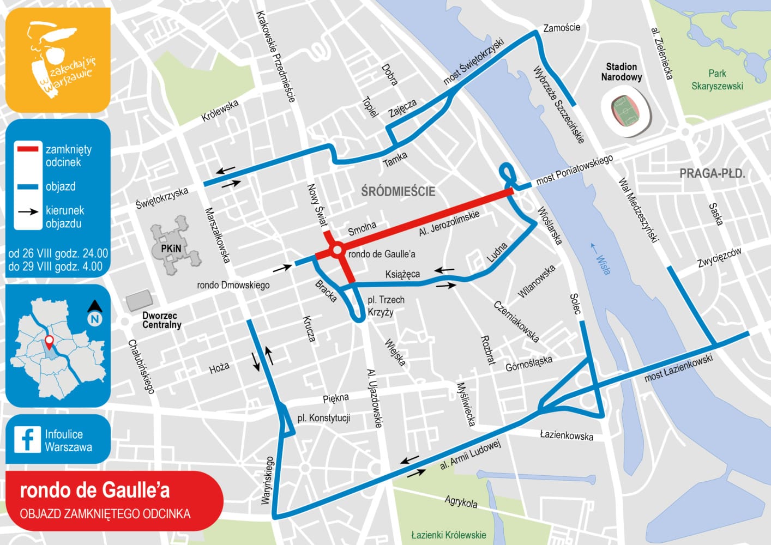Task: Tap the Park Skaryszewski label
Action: tap(717, 80)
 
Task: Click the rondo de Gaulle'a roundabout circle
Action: tap(337, 251)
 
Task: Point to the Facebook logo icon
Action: tap(27, 439)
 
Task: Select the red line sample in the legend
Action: tap(27, 148)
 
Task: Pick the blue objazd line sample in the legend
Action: tap(27, 186)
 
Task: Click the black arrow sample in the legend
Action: tap(27, 211)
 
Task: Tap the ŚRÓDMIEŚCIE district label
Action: tap(398, 191)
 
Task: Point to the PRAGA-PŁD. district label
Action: tap(712, 174)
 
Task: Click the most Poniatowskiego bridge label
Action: tap(574, 169)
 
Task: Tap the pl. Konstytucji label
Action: tap(323, 418)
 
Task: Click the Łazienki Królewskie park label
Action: tap(448, 535)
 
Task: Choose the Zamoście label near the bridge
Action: tap(562, 28)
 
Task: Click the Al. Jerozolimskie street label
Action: tap(449, 223)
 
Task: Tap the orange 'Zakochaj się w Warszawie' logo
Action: tap(58, 60)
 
